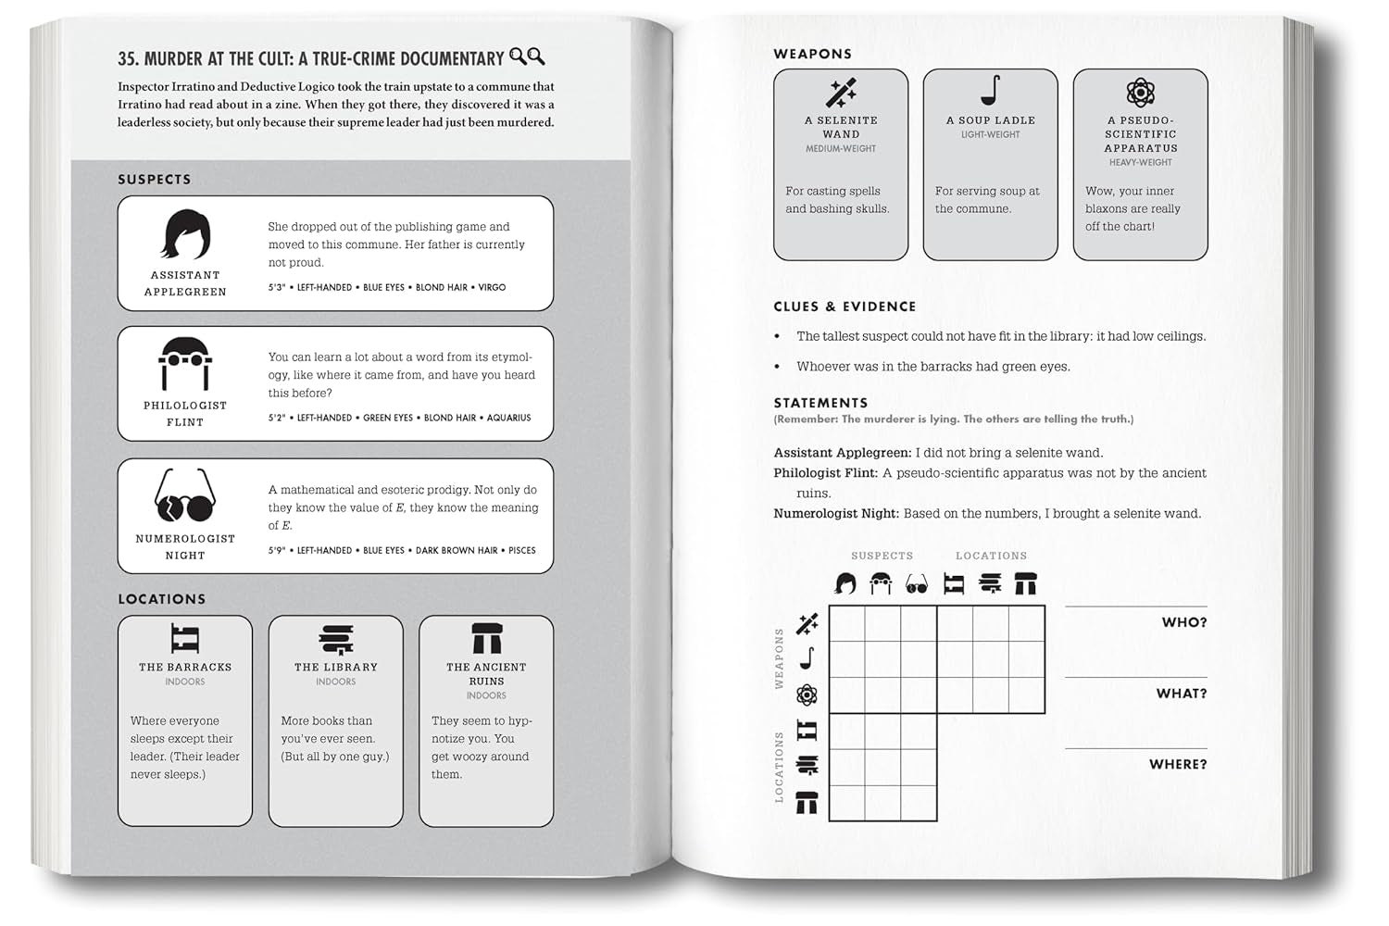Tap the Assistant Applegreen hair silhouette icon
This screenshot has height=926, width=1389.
[185, 234]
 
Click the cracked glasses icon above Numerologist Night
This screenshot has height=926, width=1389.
[185, 497]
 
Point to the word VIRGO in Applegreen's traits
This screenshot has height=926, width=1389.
[492, 288]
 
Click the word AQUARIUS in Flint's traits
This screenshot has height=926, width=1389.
[508, 419]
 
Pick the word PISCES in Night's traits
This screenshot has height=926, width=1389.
[521, 551]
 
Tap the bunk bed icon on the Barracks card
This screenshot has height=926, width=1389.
[185, 639]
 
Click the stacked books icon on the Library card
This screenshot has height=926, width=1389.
[336, 639]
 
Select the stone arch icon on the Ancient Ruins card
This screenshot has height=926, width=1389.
[486, 639]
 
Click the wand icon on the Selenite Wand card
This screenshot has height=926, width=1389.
[841, 93]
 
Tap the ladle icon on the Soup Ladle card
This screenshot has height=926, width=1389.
[990, 91]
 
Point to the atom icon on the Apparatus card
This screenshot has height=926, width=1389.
[1140, 93]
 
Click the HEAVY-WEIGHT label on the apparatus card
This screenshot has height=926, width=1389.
[1140, 163]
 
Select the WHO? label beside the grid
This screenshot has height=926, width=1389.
[1183, 622]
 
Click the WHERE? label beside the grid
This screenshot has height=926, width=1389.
[1177, 765]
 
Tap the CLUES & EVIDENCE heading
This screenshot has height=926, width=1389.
[845, 307]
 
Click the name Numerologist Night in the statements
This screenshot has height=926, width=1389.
[835, 514]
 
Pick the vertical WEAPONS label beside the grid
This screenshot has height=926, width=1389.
[779, 658]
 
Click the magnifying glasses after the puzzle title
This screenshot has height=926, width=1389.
[527, 57]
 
